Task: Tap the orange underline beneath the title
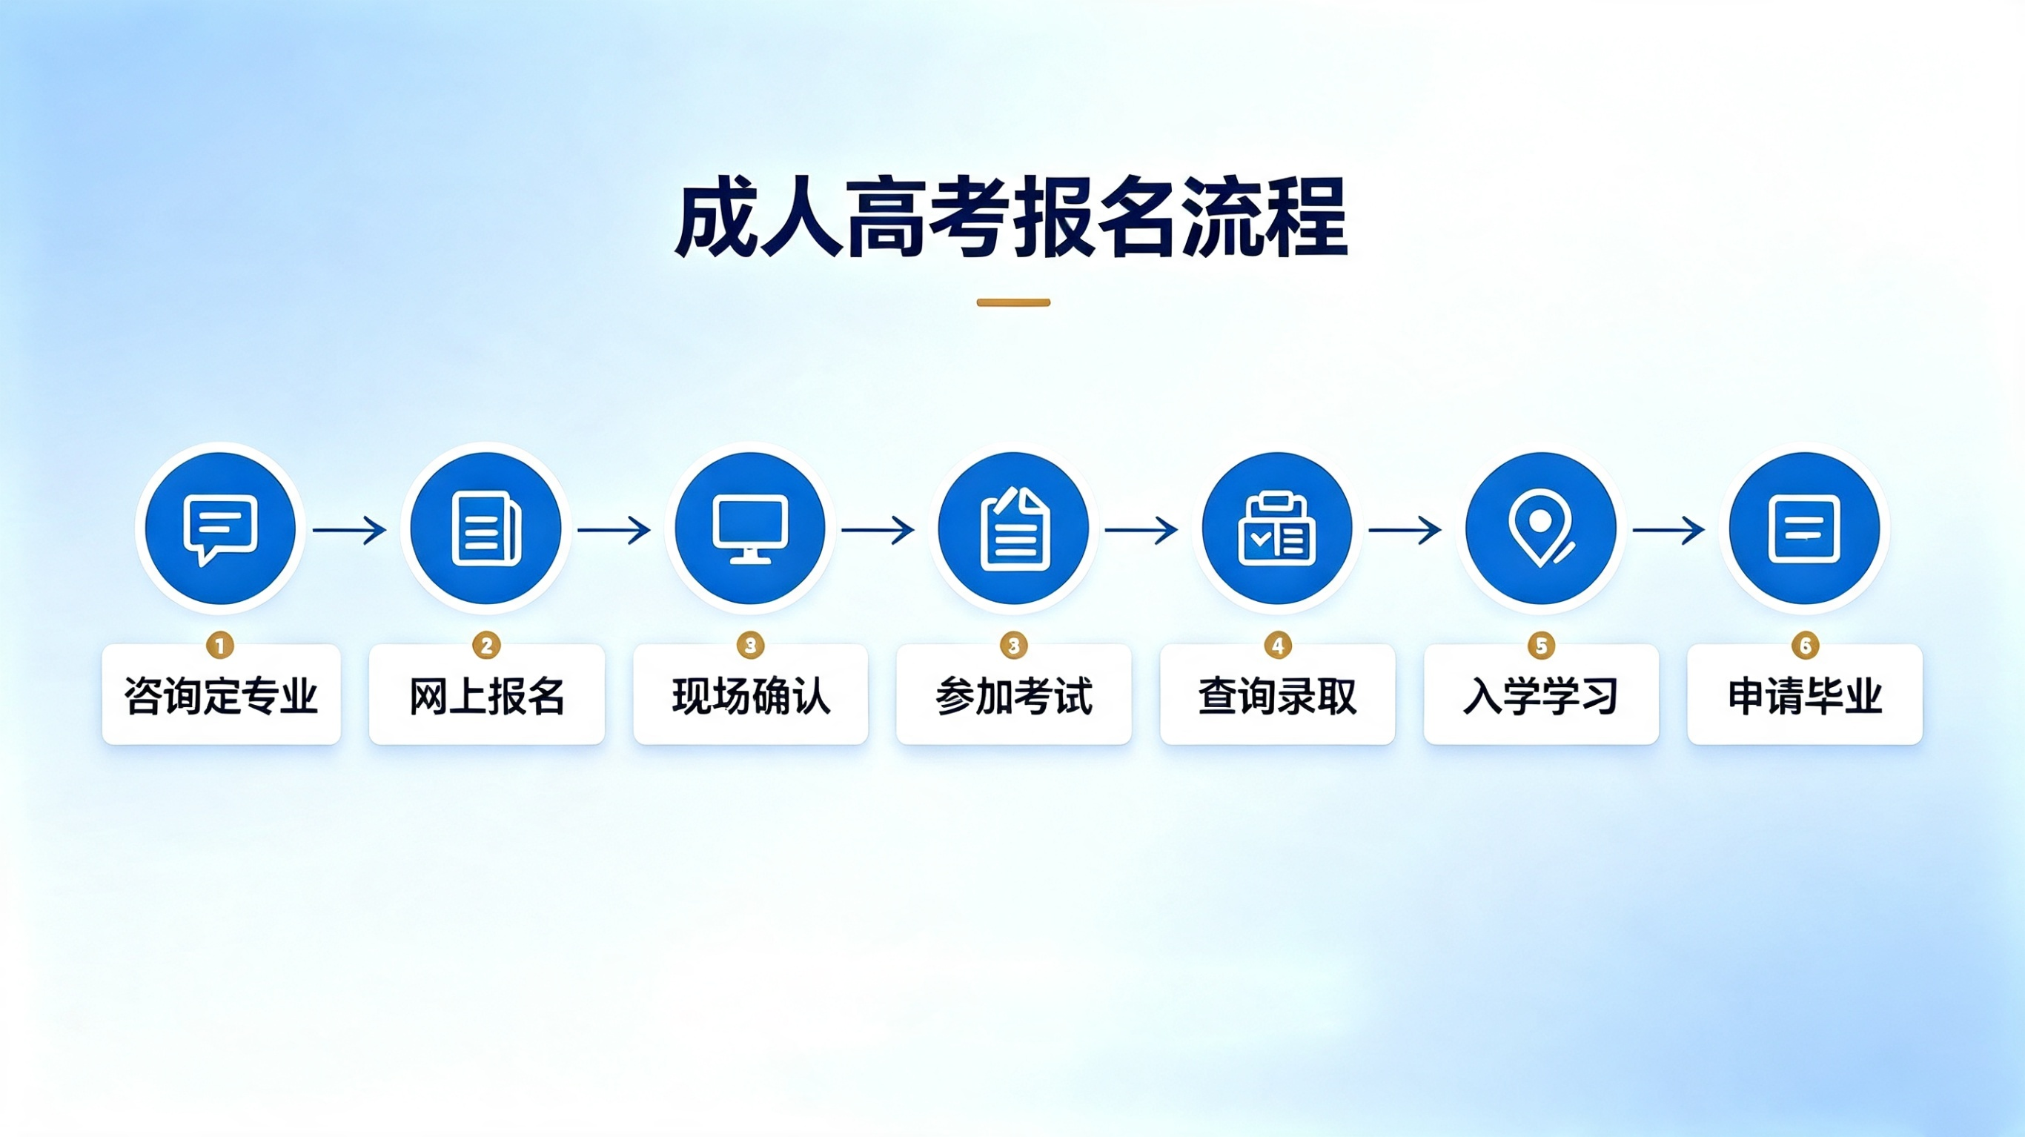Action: point(1013,302)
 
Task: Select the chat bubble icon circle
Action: point(220,528)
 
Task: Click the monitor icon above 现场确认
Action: point(750,528)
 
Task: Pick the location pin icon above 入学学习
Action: point(1541,528)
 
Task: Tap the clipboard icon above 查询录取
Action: point(1277,528)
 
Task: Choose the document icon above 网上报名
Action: point(485,528)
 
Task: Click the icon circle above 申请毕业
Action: point(1804,528)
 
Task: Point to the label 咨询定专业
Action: point(221,696)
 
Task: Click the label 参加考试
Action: point(1014,696)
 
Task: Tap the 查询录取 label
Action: point(1277,696)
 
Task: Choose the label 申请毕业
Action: point(1805,696)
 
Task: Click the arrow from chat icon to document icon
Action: point(350,530)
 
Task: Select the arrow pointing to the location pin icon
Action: point(1405,530)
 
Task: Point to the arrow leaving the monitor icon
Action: point(878,530)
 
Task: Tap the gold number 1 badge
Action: point(220,646)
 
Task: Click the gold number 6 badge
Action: point(1805,646)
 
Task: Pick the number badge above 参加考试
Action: point(1014,646)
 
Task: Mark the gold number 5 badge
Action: point(1541,646)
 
